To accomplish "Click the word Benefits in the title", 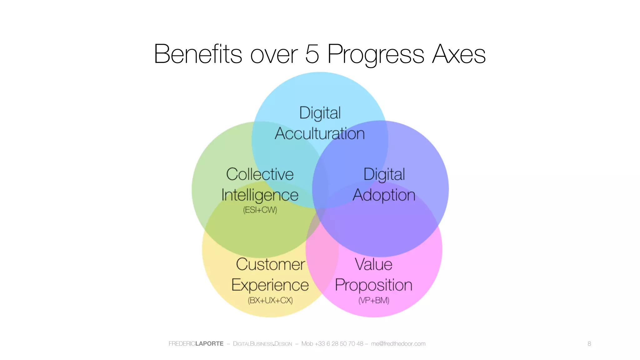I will point(198,54).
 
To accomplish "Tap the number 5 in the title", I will point(312,54).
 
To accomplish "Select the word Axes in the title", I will point(458,54).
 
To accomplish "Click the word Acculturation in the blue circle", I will point(320,133).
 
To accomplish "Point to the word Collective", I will point(260,174).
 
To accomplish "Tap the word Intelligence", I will point(260,195).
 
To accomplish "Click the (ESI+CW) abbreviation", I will point(260,210).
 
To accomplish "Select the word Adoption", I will point(384,195).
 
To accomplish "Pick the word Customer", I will point(270,264).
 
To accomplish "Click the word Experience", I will point(270,285).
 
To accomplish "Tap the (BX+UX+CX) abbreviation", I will point(270,300).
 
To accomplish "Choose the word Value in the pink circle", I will point(373,264).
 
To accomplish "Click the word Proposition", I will point(373,285).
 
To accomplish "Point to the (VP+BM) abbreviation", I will point(374,300).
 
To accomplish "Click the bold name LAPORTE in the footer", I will point(209,344).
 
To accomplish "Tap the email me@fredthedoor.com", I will point(398,344).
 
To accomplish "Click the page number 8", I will point(589,344).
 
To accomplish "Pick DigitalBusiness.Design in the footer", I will point(262,344).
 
